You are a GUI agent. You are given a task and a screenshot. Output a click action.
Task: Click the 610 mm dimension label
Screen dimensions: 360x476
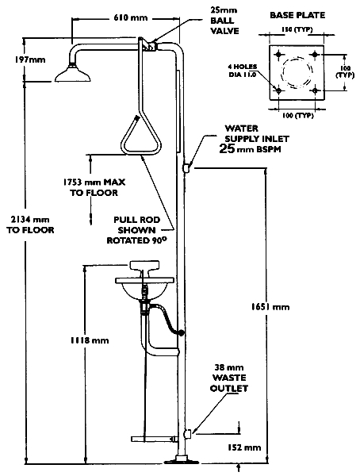click(131, 17)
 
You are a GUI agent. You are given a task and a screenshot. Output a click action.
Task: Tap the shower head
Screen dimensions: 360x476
click(72, 74)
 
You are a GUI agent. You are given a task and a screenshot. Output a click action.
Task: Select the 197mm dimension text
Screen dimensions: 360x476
click(30, 59)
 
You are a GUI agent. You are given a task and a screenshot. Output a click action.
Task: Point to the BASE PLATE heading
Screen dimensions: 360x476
click(297, 15)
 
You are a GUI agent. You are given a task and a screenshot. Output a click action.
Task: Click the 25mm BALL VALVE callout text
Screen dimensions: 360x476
click(224, 21)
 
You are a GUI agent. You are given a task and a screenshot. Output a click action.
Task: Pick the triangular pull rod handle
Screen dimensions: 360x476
click(140, 135)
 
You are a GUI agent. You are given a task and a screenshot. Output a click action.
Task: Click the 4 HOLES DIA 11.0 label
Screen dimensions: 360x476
click(243, 71)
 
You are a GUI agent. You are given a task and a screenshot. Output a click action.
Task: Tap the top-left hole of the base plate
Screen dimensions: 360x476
click(278, 55)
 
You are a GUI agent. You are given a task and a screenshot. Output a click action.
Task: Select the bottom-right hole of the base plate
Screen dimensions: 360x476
click(316, 90)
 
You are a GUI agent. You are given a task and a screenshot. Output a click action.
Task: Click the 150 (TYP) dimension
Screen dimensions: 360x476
click(297, 30)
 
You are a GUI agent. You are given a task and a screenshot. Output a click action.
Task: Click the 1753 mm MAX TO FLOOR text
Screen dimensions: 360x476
click(94, 187)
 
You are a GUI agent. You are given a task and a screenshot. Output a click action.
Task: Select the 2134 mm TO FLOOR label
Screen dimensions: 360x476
click(30, 225)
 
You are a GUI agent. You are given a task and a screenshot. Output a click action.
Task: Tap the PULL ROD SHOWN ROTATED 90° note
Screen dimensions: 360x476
click(137, 230)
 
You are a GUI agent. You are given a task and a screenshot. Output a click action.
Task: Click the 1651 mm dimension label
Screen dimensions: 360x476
click(270, 307)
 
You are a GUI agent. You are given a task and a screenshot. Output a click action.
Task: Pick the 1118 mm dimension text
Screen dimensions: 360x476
click(90, 340)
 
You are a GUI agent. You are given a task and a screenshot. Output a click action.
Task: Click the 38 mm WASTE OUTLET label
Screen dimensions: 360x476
click(229, 378)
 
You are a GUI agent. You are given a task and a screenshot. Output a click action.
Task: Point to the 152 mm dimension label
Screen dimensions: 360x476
click(244, 447)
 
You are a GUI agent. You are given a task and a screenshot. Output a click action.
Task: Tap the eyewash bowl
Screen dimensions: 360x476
click(144, 287)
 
